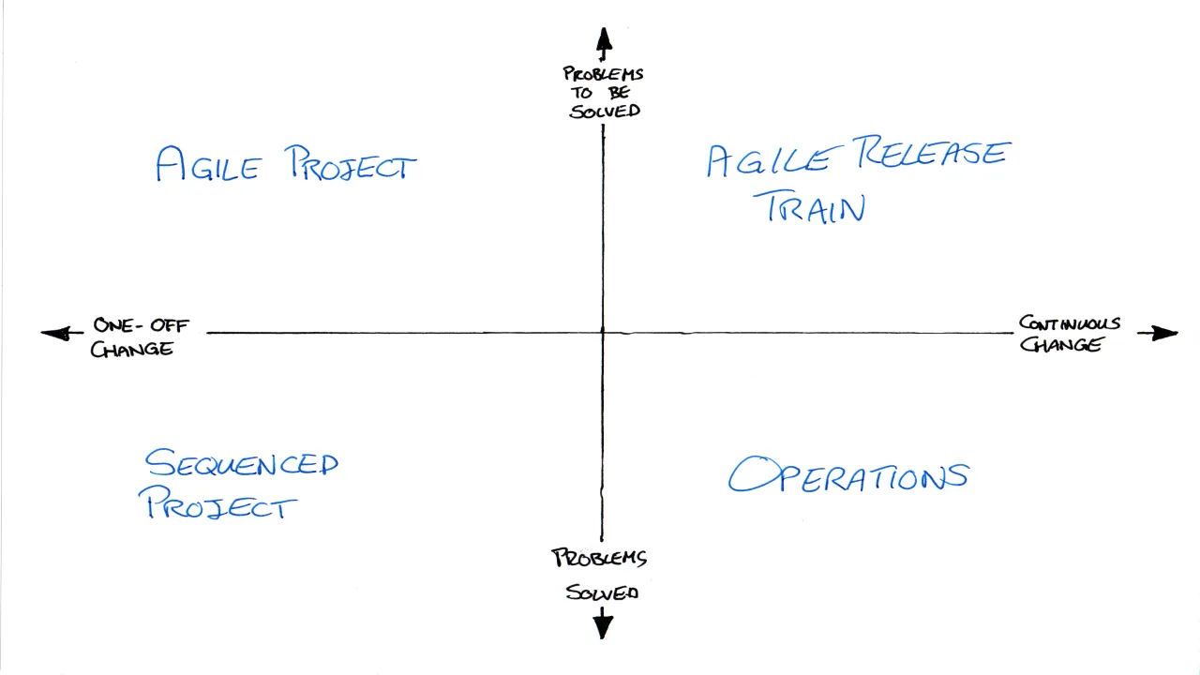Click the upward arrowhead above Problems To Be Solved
pyautogui.click(x=605, y=39)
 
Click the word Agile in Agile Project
pyautogui.click(x=208, y=164)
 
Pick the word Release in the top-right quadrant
pyautogui.click(x=932, y=152)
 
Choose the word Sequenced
pyautogui.click(x=242, y=463)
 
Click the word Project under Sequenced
pyautogui.click(x=218, y=503)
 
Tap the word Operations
pyautogui.click(x=848, y=474)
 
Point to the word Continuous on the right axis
pyautogui.click(x=1070, y=323)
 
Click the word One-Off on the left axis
pyautogui.click(x=141, y=325)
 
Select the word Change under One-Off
pyautogui.click(x=132, y=350)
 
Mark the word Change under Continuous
pyautogui.click(x=1060, y=344)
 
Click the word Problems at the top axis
pyautogui.click(x=603, y=73)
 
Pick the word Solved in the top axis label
pyautogui.click(x=605, y=112)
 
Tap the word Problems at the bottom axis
pyautogui.click(x=599, y=558)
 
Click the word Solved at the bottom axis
pyautogui.click(x=602, y=592)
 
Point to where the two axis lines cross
pyautogui.click(x=603, y=333)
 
